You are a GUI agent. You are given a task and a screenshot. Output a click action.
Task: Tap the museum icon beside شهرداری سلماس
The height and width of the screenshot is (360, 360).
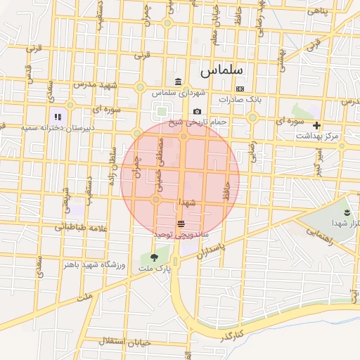pos(177,81)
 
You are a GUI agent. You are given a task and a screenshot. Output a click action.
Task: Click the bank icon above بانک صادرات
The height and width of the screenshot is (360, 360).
pos(240,89)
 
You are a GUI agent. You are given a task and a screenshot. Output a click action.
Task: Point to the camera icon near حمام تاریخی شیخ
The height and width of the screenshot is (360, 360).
pos(197,112)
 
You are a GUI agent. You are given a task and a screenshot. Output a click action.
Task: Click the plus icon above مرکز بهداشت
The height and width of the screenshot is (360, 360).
pos(317,125)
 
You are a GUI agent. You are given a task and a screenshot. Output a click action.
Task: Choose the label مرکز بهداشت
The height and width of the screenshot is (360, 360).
pos(317,136)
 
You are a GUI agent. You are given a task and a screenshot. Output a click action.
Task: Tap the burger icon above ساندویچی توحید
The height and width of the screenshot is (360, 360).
pos(181,223)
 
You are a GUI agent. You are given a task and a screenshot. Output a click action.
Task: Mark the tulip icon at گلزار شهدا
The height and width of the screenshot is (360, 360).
pos(347,211)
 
